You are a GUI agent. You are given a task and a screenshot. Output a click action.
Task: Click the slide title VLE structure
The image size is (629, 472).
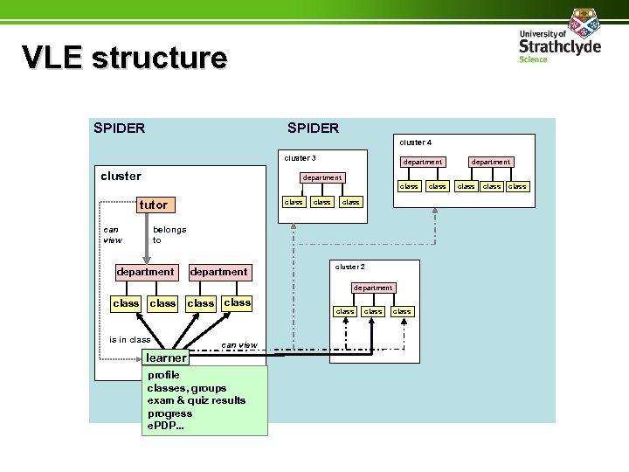pos(124,58)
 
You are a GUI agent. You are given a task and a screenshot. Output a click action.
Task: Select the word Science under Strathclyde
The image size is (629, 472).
pos(533,59)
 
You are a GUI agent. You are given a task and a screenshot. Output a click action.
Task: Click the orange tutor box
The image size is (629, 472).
pos(154,205)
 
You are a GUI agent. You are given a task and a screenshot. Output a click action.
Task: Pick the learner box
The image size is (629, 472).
pos(166,357)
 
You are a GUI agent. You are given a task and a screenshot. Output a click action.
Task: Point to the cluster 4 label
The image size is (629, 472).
pos(415,142)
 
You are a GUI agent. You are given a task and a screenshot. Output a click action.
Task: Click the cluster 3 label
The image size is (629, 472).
pos(300,158)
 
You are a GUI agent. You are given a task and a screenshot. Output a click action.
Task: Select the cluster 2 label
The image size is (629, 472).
pos(349,267)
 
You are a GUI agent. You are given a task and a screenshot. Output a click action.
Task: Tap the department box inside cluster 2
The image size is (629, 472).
pos(373,288)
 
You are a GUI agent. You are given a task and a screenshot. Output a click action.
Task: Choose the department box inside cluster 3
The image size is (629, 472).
pos(321,177)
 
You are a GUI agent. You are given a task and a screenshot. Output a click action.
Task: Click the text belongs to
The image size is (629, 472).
pos(169,234)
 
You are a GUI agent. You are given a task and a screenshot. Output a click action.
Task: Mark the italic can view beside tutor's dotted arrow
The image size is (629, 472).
pos(113,234)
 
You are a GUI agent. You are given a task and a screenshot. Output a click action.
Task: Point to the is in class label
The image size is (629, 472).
pos(129,339)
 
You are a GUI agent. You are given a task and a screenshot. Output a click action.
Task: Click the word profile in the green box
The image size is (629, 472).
pos(163,375)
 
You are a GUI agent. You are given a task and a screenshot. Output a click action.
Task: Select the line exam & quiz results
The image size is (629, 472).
pos(197,400)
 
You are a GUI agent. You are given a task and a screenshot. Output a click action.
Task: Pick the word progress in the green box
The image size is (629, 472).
pos(169,413)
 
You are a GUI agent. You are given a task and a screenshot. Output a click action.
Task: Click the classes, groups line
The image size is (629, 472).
pos(187,388)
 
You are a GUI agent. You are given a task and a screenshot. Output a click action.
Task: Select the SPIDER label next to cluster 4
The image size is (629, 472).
pos(313,128)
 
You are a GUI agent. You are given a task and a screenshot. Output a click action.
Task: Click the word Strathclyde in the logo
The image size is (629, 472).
pos(560,45)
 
